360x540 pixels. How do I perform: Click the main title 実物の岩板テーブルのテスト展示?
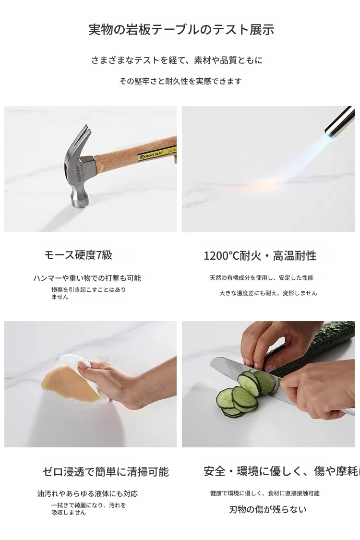(x=181, y=30)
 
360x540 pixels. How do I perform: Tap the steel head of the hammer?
(x=79, y=172)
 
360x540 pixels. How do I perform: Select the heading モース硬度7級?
(x=78, y=255)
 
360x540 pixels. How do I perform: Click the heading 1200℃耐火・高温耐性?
(x=260, y=255)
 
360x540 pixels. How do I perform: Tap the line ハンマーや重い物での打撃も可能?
(x=87, y=278)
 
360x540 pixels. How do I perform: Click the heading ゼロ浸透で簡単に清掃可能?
(x=106, y=471)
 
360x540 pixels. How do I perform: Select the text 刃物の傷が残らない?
(x=268, y=509)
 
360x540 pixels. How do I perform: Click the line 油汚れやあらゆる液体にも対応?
(x=87, y=493)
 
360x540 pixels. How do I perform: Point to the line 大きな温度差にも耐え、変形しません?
(x=268, y=293)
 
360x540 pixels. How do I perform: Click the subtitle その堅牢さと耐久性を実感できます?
(x=180, y=81)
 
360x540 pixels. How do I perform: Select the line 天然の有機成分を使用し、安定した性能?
(x=262, y=277)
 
